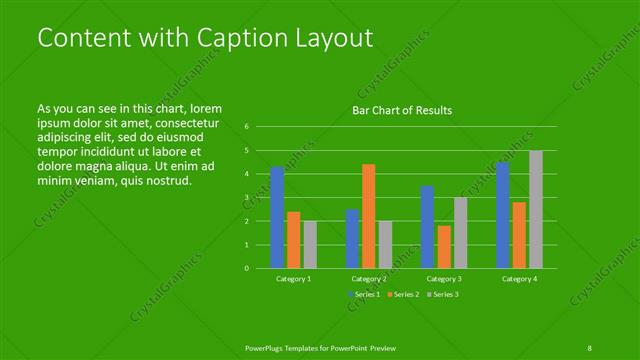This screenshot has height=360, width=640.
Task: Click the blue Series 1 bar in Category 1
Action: (277, 217)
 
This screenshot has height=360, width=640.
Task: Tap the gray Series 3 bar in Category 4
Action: (536, 209)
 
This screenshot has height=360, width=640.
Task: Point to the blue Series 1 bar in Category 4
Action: (502, 215)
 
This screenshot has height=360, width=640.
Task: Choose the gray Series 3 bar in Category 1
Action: (310, 244)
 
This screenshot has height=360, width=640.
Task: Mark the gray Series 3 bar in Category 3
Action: (461, 232)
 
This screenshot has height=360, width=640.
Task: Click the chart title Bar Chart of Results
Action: (402, 110)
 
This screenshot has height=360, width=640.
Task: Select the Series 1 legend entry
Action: (365, 294)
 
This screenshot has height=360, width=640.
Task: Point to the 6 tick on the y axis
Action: (246, 127)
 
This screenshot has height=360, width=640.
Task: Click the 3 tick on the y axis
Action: (246, 197)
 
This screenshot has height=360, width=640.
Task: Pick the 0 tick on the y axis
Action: (246, 268)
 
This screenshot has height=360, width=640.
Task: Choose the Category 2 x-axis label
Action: (369, 279)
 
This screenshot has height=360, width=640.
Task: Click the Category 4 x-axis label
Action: (519, 279)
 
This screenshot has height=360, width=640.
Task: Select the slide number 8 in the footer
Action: (590, 346)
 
